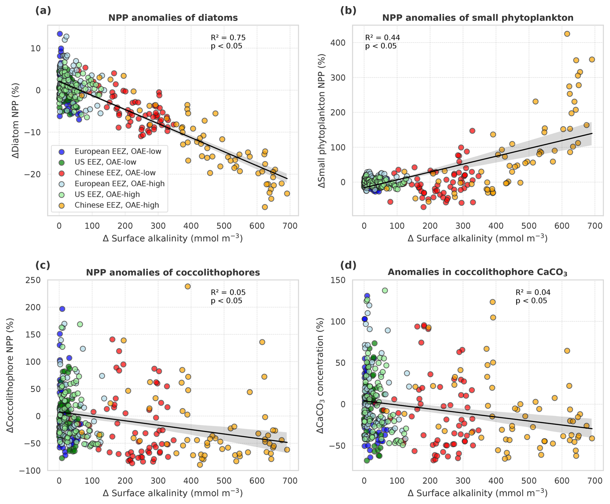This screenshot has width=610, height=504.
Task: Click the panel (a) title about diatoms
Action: tap(173, 18)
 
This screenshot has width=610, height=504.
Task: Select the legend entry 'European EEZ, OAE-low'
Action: tap(118, 151)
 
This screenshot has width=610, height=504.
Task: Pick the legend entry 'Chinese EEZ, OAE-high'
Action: tap(117, 205)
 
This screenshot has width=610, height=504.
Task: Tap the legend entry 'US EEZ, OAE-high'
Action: tap(107, 195)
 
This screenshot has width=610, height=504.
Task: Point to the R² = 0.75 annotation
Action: tap(228, 38)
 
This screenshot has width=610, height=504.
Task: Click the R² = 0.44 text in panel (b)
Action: tap(382, 38)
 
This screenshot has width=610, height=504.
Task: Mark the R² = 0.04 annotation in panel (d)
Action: tap(533, 292)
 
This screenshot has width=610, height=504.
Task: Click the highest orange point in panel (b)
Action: tap(567, 34)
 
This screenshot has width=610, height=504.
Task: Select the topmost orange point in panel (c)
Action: tap(188, 286)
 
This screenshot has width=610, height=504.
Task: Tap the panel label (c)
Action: tap(43, 265)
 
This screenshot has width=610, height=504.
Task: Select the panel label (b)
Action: tap(348, 11)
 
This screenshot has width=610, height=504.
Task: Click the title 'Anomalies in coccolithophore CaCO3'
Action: tap(477, 272)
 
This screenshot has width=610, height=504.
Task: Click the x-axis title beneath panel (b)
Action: tap(477, 238)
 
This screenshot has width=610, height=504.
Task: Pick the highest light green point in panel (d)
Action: tap(385, 290)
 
